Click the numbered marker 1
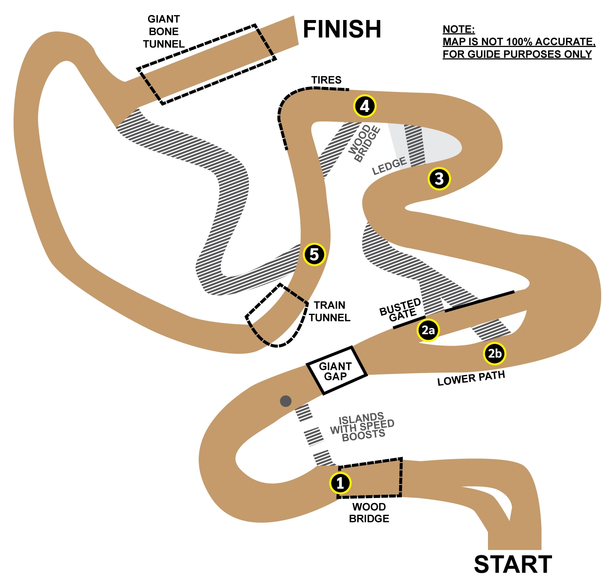coord(340,483)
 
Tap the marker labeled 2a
coord(428,330)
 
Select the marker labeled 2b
coord(494,353)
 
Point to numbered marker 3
coord(439,179)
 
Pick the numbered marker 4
coord(364,106)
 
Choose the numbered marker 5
coord(314,255)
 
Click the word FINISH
coord(342,29)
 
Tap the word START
coord(513,565)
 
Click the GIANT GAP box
coord(336,371)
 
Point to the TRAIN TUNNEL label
coord(329,311)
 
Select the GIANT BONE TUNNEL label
coord(164,31)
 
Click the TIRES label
coord(326,80)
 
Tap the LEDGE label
coord(389,165)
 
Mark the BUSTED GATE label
coord(401,310)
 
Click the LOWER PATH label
coord(471,378)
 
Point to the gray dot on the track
coord(286,401)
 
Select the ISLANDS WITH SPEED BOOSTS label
coord(362,427)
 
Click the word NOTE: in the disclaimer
coord(459,29)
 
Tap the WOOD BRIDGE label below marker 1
coord(369,513)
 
